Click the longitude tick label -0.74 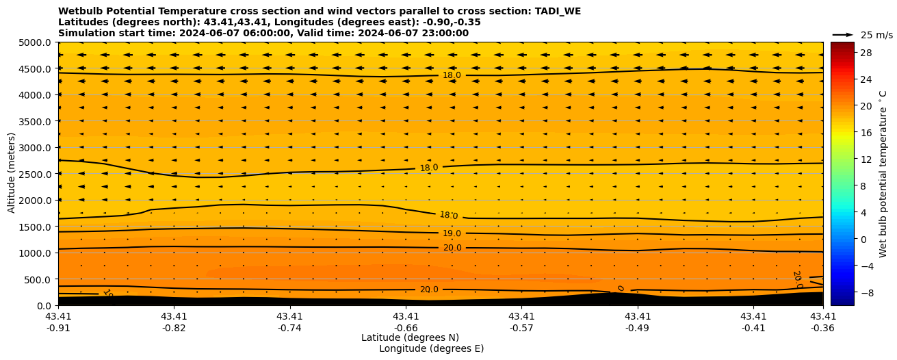click(x=289, y=327)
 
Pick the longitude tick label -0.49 click(x=638, y=327)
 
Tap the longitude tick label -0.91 click(x=58, y=327)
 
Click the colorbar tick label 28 click(x=865, y=53)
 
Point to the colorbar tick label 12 click(x=865, y=159)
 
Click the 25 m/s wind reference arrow click(x=843, y=35)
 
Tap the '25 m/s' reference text click(x=876, y=35)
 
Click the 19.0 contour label click(x=452, y=234)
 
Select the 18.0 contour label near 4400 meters click(x=452, y=75)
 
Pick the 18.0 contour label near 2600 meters click(x=429, y=168)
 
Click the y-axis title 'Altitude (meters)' click(x=12, y=174)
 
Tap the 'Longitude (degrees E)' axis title click(x=431, y=348)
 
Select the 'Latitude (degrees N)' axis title click(x=410, y=337)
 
